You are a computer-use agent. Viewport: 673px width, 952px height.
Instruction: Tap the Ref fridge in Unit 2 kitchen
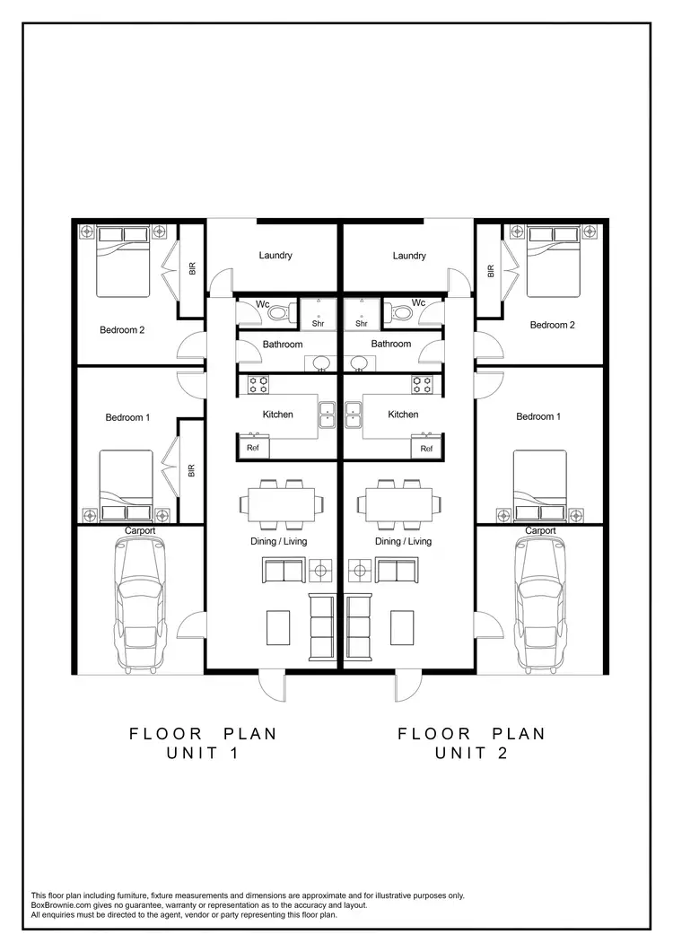click(x=426, y=448)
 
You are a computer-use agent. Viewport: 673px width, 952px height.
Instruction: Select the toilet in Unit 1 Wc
click(x=281, y=313)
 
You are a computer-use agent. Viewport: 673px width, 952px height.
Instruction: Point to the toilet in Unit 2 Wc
click(x=400, y=313)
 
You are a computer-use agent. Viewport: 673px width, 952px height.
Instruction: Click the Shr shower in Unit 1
click(x=318, y=313)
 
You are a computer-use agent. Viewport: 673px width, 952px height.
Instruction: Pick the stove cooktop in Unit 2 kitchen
click(x=423, y=384)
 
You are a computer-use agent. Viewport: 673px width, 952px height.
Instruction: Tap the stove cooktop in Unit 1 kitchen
click(x=258, y=384)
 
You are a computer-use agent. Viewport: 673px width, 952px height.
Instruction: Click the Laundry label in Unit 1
click(x=275, y=256)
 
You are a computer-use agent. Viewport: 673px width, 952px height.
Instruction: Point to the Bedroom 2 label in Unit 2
click(x=552, y=325)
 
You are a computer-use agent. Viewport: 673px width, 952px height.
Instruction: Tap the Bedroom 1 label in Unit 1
click(x=128, y=417)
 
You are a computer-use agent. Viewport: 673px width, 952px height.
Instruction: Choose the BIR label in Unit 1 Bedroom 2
click(x=192, y=268)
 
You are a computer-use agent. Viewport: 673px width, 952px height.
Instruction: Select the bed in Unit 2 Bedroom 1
click(x=540, y=485)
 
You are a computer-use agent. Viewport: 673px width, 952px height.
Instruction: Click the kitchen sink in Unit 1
click(x=327, y=414)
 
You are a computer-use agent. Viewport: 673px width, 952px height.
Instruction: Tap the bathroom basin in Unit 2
click(x=359, y=362)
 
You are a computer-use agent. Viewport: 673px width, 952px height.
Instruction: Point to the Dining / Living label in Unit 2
click(x=403, y=541)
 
